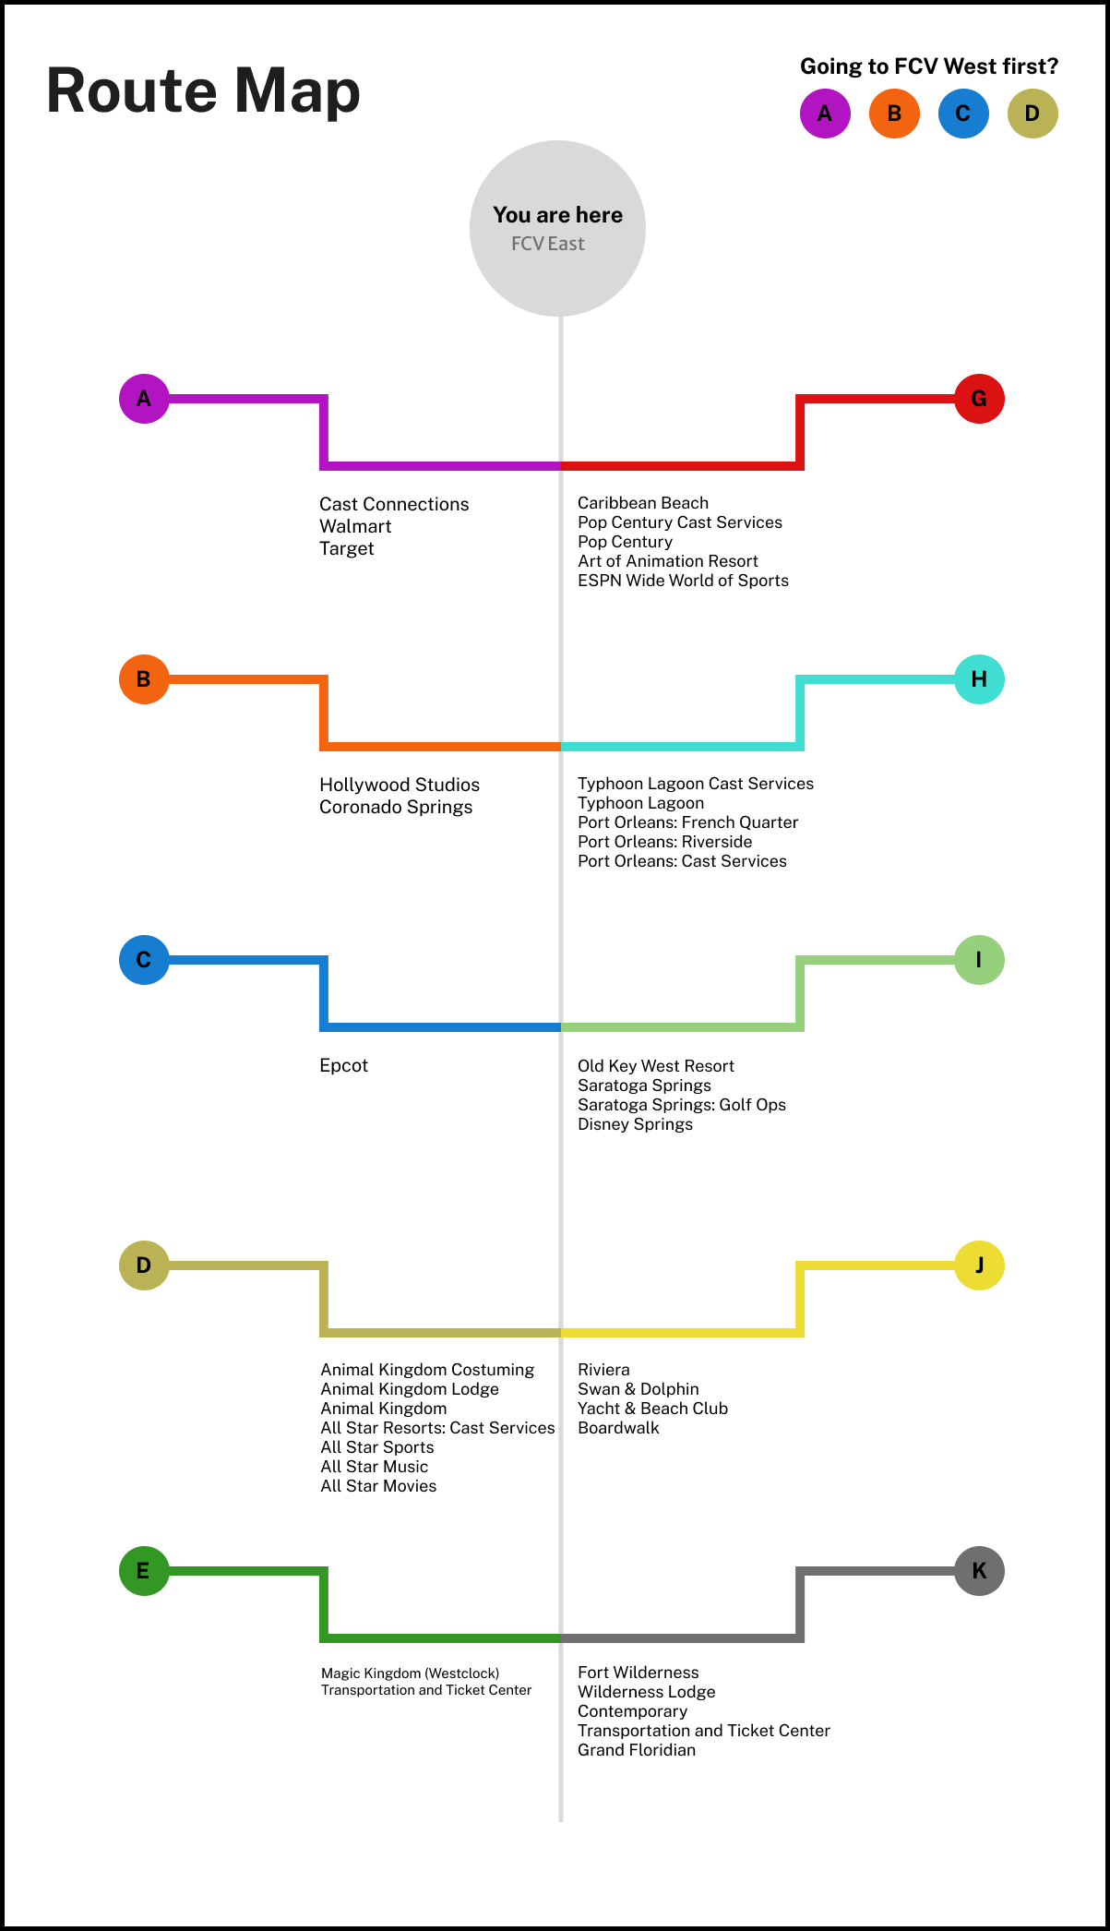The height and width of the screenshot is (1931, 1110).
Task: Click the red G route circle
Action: [x=979, y=399]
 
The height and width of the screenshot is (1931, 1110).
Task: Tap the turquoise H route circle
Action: [x=979, y=679]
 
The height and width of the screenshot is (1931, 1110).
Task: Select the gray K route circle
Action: [x=979, y=1570]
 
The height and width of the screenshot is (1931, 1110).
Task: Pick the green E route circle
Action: [x=144, y=1570]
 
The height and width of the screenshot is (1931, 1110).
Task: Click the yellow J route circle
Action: [x=979, y=1265]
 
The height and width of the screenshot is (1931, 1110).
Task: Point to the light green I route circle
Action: [x=979, y=960]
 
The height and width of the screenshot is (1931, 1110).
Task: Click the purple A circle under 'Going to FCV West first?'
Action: [x=825, y=114]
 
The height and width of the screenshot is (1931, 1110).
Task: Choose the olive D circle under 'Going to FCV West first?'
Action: [x=1032, y=114]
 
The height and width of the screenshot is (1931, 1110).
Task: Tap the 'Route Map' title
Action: [x=203, y=90]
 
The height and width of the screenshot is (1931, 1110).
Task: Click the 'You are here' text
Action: [x=557, y=215]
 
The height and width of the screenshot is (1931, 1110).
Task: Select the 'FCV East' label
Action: [x=548, y=244]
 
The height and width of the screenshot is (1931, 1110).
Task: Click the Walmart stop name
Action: [x=355, y=526]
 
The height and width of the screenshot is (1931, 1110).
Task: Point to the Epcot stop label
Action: [x=343, y=1065]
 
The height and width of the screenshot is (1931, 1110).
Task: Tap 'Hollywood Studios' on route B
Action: [x=400, y=785]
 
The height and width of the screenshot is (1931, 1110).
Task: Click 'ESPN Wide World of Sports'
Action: [x=683, y=581]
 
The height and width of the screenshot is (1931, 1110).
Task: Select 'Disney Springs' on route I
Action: [x=635, y=1124]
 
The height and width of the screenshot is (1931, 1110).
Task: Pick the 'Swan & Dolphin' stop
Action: [x=638, y=1389]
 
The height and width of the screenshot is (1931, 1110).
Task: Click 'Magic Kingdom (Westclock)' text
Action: [x=410, y=1673]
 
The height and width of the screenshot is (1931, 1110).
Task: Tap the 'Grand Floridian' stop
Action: [x=637, y=1750]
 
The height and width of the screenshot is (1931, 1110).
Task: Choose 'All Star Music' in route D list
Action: [x=374, y=1467]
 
